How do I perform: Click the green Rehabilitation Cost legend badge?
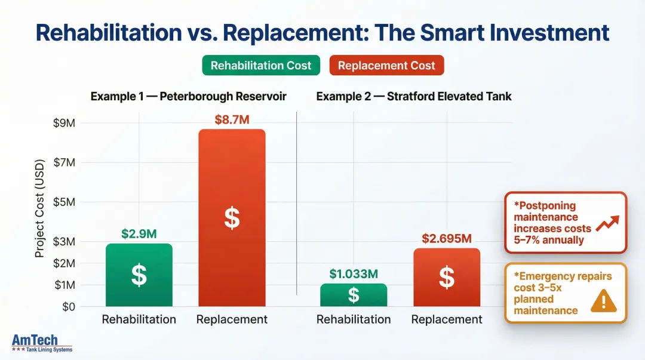click(261, 66)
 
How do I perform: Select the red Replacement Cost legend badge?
click(386, 66)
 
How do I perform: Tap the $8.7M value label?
click(232, 119)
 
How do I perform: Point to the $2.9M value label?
click(139, 234)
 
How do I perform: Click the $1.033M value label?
click(354, 274)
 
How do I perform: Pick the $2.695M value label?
click(446, 239)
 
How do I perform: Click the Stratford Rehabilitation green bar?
click(354, 295)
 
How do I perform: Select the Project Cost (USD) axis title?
click(39, 209)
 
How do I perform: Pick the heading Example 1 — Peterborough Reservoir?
click(188, 96)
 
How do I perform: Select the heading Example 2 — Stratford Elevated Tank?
click(414, 96)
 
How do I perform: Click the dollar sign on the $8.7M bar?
click(232, 219)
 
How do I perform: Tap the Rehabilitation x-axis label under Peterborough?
click(139, 319)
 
